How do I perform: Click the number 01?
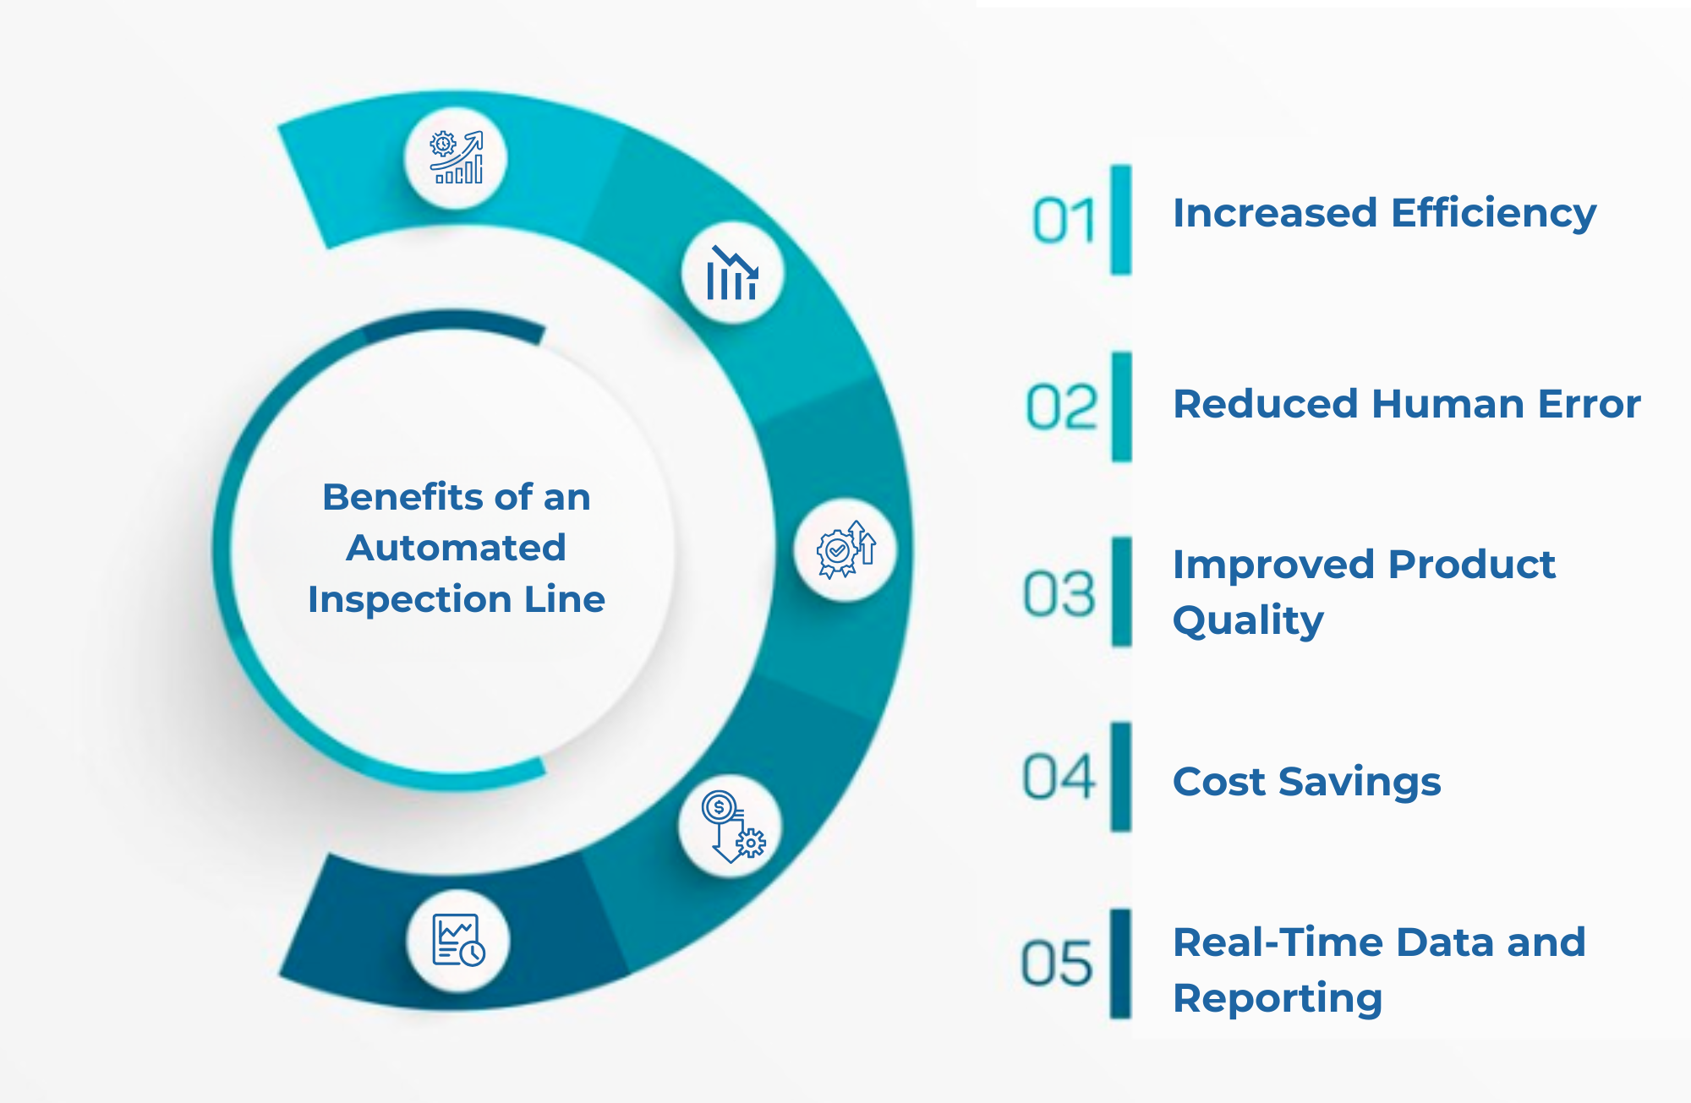[1063, 221]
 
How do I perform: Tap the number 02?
[1061, 407]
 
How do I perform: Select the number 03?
[1059, 593]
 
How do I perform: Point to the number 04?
[1058, 778]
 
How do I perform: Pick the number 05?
[1056, 964]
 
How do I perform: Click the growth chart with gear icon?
[457, 158]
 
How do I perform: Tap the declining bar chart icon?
[732, 273]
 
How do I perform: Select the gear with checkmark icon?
[845, 550]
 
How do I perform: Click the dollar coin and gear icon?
[731, 827]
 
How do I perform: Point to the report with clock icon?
[457, 940]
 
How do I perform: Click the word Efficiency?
[1493, 213]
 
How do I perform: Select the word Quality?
[1248, 621]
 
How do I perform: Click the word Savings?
[1360, 782]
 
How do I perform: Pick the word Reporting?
[1277, 999]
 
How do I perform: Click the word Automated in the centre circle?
[456, 548]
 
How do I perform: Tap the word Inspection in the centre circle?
[408, 599]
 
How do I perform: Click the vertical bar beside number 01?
[1121, 220]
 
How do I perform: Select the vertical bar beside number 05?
[1120, 964]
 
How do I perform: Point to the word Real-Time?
[1279, 942]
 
